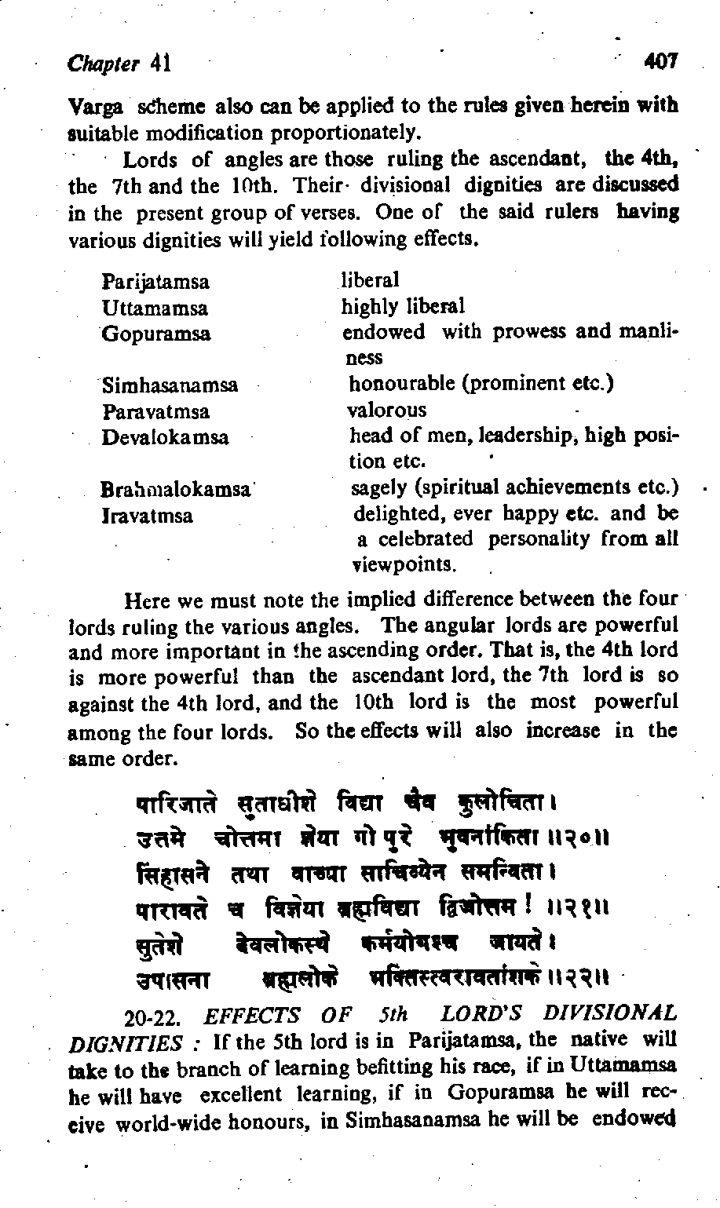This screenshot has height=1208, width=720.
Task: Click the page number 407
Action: tap(660, 60)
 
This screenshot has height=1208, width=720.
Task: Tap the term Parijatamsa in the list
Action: tap(155, 282)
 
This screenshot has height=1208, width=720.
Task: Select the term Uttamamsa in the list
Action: tap(155, 308)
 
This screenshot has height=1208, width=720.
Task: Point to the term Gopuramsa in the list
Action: tap(156, 334)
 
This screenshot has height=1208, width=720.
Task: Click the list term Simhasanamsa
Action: tap(170, 385)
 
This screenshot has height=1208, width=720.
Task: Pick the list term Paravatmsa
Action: tap(156, 411)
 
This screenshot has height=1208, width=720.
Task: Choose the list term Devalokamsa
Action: tap(165, 437)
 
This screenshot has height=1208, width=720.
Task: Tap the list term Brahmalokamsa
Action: tap(176, 490)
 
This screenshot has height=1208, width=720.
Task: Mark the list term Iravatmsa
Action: tap(148, 516)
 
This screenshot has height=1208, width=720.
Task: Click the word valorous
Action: tap(387, 410)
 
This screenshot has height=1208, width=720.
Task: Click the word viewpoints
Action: tap(404, 565)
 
